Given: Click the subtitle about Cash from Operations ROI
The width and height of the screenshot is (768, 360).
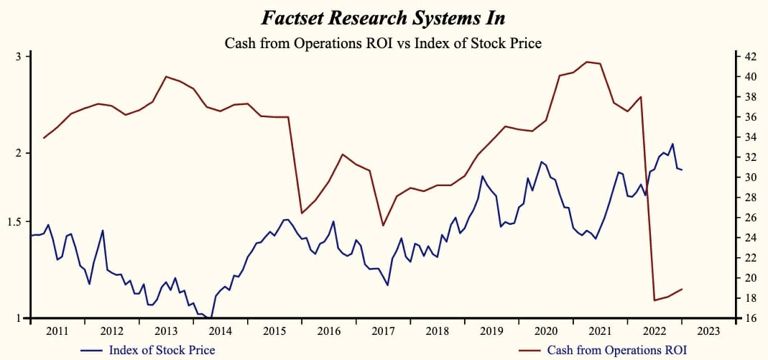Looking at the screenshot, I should click(383, 43).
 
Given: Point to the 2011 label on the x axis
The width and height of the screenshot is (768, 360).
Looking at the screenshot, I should click(57, 331).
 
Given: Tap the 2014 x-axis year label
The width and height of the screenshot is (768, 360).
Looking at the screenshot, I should click(220, 331).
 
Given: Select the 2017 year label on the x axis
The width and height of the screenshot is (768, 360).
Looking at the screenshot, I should click(383, 331).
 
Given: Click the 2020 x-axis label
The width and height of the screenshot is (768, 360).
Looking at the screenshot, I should click(546, 331).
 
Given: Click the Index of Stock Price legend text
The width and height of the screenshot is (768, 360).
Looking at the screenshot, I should click(162, 351).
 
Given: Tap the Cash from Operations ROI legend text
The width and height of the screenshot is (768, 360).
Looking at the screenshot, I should click(617, 351).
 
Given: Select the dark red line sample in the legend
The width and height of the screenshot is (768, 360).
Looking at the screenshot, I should click(529, 351).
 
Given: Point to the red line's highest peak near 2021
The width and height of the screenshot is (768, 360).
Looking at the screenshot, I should click(587, 62).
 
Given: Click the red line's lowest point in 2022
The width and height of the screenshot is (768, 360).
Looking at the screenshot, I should click(654, 300).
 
